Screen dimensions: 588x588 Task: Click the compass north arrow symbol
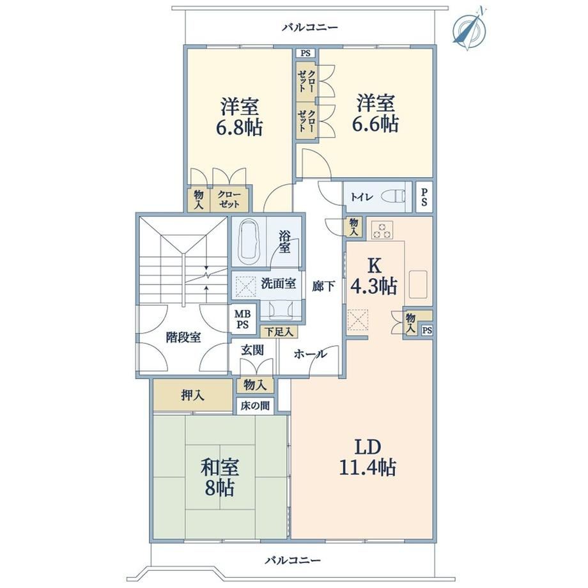(x=469, y=29)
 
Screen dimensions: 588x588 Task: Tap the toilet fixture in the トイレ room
(x=393, y=196)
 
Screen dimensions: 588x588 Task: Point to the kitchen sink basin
(x=418, y=284)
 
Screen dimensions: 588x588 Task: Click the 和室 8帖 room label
(x=220, y=477)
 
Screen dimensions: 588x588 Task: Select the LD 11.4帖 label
(x=367, y=457)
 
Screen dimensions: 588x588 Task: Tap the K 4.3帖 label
(x=373, y=276)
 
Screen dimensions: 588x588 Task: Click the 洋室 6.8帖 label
(x=239, y=116)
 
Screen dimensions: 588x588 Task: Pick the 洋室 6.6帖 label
(x=375, y=113)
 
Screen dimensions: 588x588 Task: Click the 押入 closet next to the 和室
(x=193, y=395)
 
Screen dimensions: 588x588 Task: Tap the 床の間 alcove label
(x=255, y=406)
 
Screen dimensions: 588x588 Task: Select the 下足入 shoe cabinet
(x=279, y=332)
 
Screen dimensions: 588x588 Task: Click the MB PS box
(x=243, y=319)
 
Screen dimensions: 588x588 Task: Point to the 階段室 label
(x=183, y=337)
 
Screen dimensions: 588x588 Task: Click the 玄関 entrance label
(x=252, y=350)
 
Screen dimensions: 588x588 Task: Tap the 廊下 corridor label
(x=323, y=286)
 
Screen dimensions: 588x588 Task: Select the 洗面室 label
(x=279, y=284)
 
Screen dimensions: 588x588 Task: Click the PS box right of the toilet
(x=424, y=197)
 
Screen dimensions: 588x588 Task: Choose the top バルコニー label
(x=311, y=27)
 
